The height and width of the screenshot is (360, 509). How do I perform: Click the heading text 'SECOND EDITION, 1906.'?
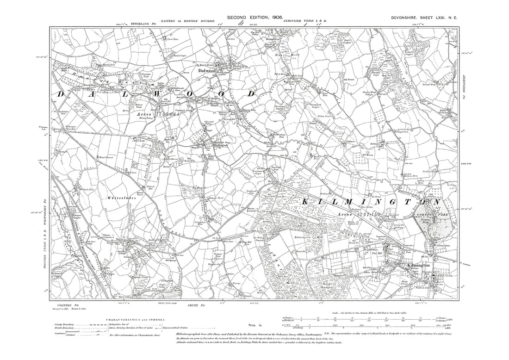254,18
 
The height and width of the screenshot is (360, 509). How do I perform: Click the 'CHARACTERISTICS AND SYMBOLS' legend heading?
133,320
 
